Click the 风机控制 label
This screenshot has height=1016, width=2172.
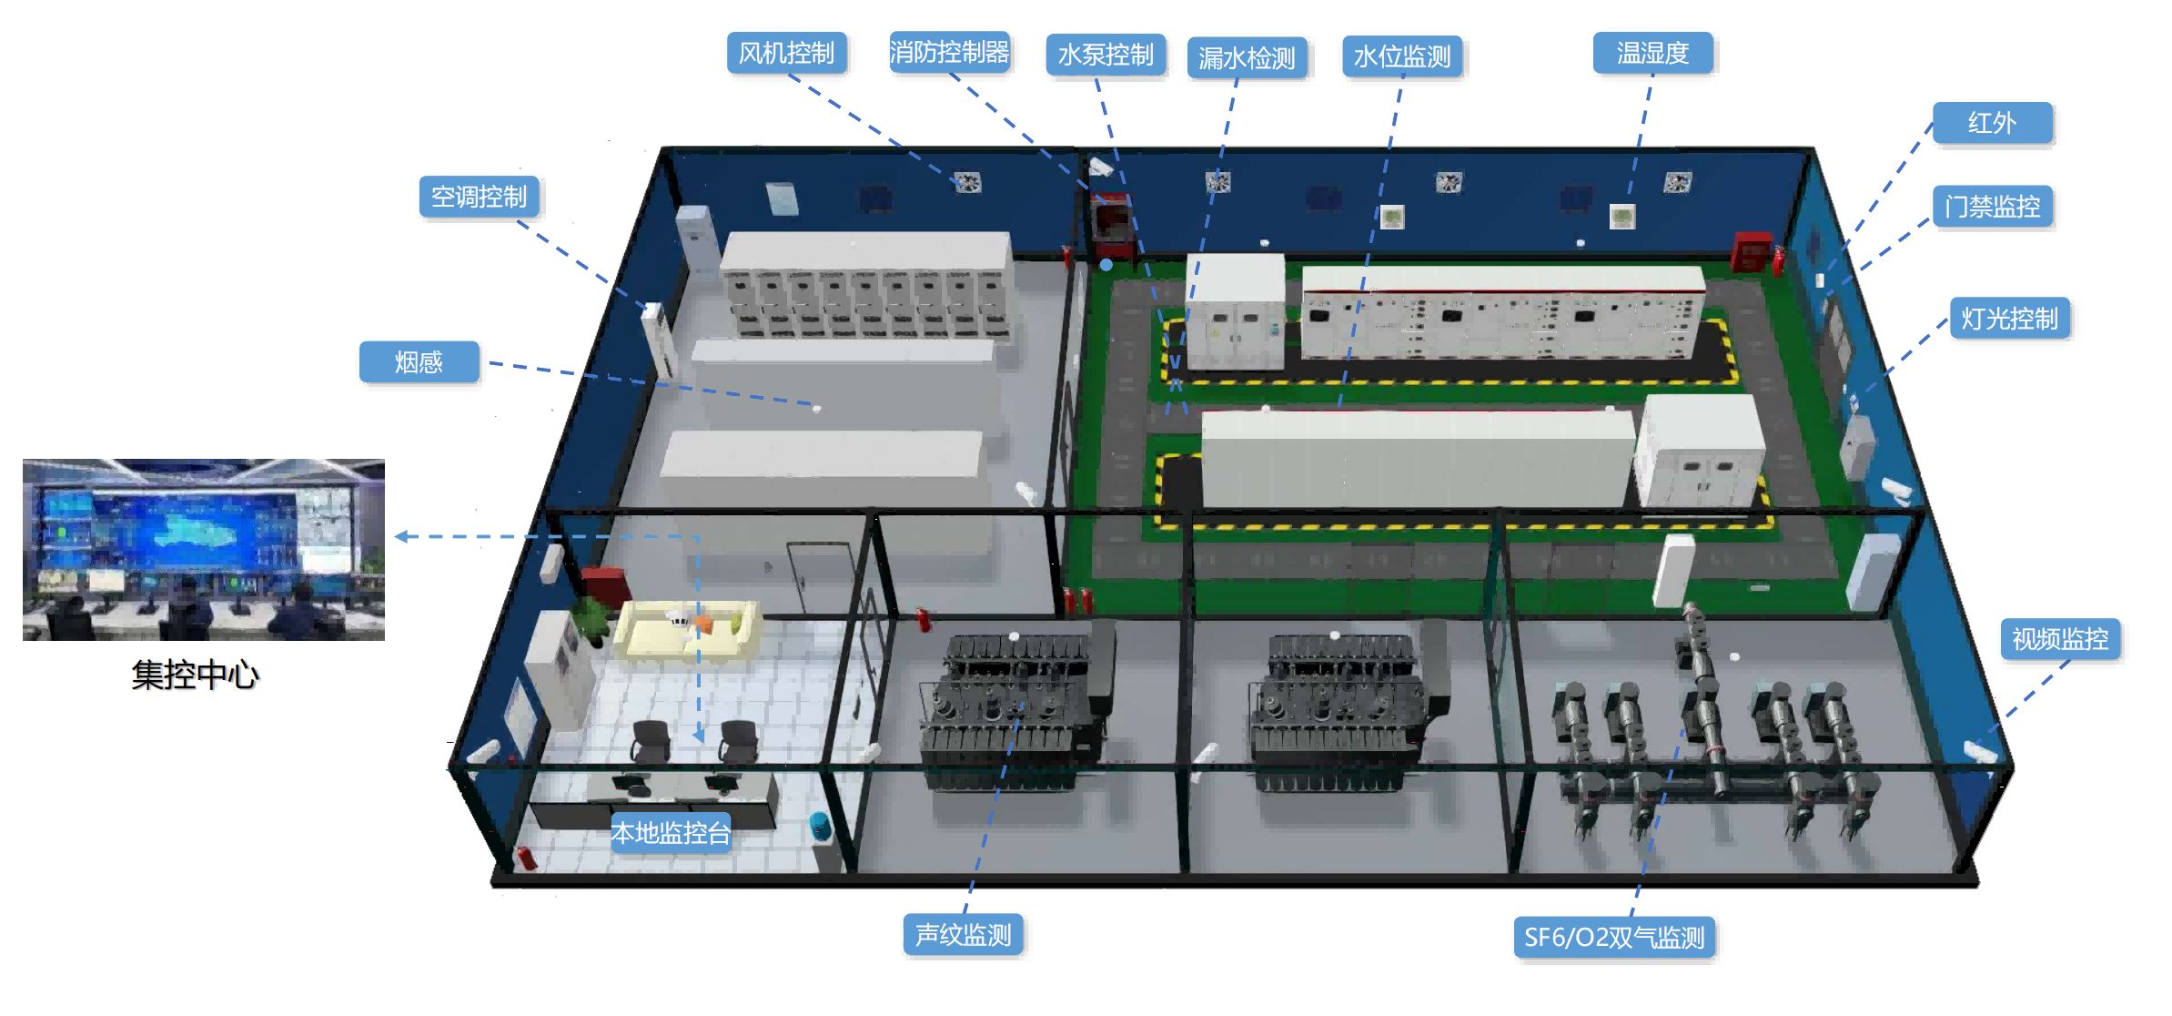(787, 53)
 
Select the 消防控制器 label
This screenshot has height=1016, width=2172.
(949, 52)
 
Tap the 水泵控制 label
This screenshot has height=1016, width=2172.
(1106, 55)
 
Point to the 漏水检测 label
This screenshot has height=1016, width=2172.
(1247, 58)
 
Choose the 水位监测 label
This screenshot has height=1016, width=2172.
(1402, 56)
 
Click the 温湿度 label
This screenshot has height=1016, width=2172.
(1652, 53)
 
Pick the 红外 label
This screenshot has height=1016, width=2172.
(1992, 123)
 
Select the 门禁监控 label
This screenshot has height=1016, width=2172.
(1993, 207)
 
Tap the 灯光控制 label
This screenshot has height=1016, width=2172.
(2009, 319)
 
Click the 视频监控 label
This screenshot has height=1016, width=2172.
(2060, 639)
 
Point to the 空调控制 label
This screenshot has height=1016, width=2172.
(479, 197)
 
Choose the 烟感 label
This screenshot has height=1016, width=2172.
(419, 362)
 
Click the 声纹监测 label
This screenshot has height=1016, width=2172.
(963, 935)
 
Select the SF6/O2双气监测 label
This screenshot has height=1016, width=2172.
(1614, 938)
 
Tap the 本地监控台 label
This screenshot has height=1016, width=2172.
(671, 833)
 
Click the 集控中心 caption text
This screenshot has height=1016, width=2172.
(196, 675)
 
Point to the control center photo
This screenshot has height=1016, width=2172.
(204, 550)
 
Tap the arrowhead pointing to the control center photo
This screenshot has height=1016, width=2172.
(401, 537)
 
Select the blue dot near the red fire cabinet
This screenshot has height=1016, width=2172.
(1106, 265)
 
